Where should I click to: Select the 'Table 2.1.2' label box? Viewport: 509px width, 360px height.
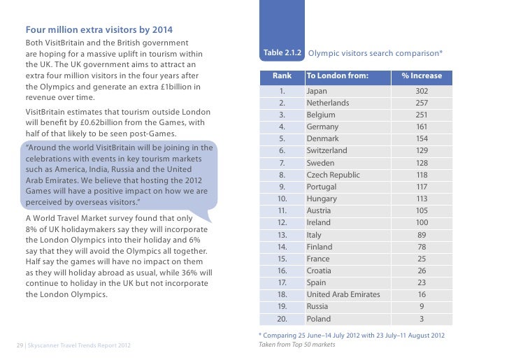[282, 54]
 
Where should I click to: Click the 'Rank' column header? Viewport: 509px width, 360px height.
[282, 75]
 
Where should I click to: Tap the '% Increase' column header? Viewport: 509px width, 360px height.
[422, 75]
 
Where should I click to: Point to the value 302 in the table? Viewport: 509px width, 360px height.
[422, 91]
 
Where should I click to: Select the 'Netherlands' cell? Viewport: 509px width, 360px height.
[327, 103]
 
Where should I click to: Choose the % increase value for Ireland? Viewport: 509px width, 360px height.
[422, 222]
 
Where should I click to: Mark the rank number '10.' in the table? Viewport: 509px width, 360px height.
[282, 199]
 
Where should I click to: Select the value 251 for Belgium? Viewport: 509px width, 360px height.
[422, 115]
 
